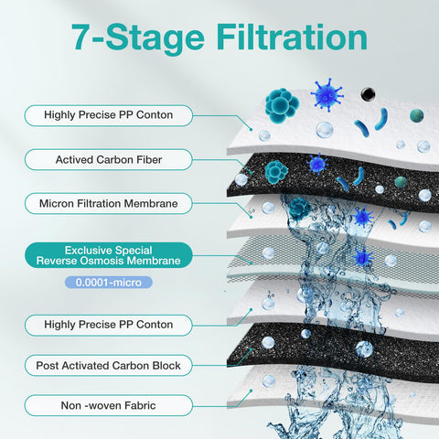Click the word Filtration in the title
click(292, 37)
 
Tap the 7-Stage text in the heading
click(138, 38)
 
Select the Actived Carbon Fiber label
click(108, 159)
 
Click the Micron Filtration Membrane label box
click(108, 203)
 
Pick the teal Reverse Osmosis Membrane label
click(108, 255)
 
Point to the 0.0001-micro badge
click(109, 283)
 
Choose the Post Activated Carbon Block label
click(108, 365)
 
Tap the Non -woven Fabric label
click(108, 405)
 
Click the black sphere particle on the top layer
click(368, 94)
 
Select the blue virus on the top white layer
click(327, 95)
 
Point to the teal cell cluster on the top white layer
click(282, 105)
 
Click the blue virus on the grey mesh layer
click(363, 257)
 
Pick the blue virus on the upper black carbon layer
click(317, 164)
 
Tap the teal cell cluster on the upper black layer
click(276, 172)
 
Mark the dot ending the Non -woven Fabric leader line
click(251, 391)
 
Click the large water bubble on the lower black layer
click(364, 349)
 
